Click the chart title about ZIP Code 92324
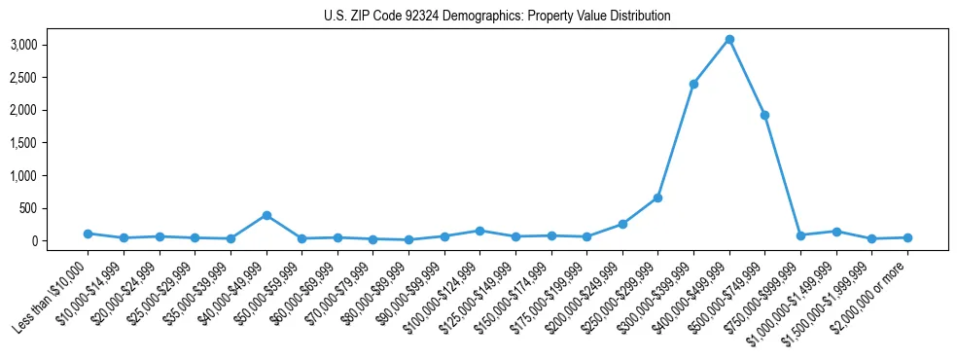click(497, 17)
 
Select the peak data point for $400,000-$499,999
click(729, 39)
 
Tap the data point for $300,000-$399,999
click(693, 84)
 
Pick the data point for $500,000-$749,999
click(764, 115)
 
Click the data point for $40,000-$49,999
click(266, 215)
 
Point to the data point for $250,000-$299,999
click(658, 198)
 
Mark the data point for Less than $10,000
click(88, 234)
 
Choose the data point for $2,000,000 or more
click(907, 237)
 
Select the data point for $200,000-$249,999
click(622, 224)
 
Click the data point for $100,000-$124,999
click(479, 231)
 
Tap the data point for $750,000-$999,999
click(800, 235)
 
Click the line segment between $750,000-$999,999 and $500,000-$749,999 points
click(783, 175)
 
